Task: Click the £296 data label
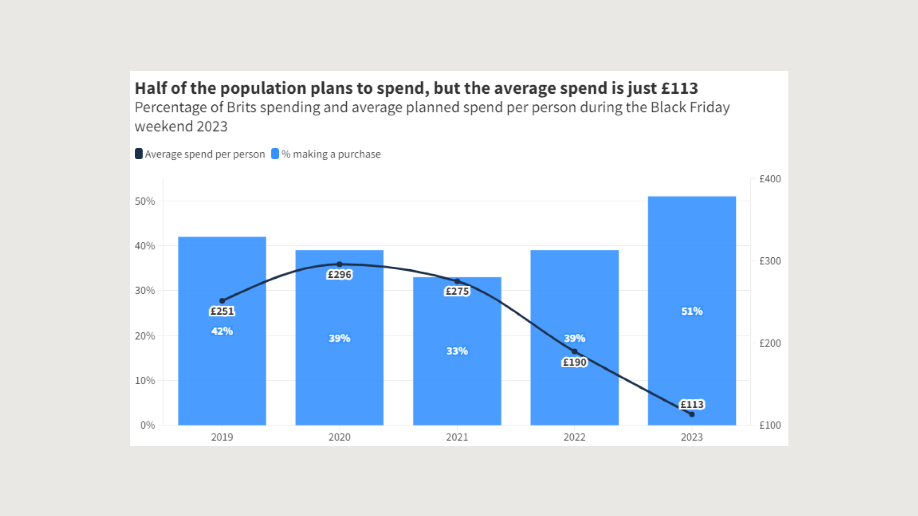click(339, 274)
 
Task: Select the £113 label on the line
click(692, 405)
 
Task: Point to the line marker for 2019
click(222, 301)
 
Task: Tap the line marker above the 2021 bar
click(457, 281)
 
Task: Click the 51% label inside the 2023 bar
click(692, 311)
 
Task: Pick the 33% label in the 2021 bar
click(457, 351)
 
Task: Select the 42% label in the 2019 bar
click(222, 331)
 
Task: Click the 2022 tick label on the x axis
click(574, 437)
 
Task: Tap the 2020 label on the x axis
click(339, 437)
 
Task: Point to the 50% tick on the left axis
click(145, 201)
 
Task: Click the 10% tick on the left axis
click(145, 381)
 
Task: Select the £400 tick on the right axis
click(770, 179)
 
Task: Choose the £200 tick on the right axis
click(770, 343)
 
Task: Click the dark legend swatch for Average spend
click(139, 154)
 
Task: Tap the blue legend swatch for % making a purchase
click(275, 154)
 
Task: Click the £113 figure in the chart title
click(679, 88)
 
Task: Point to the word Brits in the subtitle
click(241, 108)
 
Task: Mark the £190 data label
click(574, 362)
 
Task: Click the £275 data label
click(457, 291)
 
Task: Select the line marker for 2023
click(692, 414)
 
